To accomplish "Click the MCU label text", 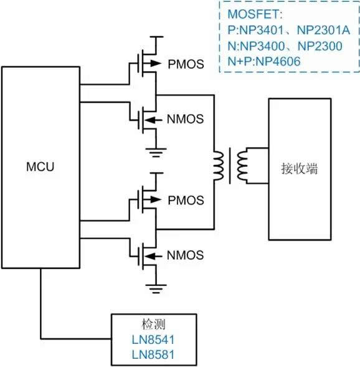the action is click(x=40, y=166).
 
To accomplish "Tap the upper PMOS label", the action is click(x=186, y=64).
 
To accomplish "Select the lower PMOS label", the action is click(x=186, y=201).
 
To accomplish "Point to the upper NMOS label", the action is click(x=185, y=119).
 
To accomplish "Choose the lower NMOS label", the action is click(x=185, y=255).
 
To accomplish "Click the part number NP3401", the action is click(x=262, y=30).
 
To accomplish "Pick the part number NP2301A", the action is click(x=323, y=30).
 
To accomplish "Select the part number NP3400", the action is click(x=262, y=46).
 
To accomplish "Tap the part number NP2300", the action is click(x=320, y=46).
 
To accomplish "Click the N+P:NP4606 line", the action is click(x=264, y=61).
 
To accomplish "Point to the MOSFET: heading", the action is click(x=255, y=14).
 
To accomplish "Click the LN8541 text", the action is click(x=153, y=340).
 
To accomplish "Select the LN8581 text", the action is click(x=153, y=355).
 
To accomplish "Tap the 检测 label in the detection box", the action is click(x=153, y=325).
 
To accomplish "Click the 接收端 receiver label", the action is click(x=300, y=168).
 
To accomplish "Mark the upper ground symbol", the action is click(x=156, y=153).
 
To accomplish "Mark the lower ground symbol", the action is click(x=156, y=289).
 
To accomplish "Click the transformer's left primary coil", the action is click(x=218, y=166).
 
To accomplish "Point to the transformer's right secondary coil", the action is click(x=242, y=166).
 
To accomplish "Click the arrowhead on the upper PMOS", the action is click(x=156, y=63).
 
